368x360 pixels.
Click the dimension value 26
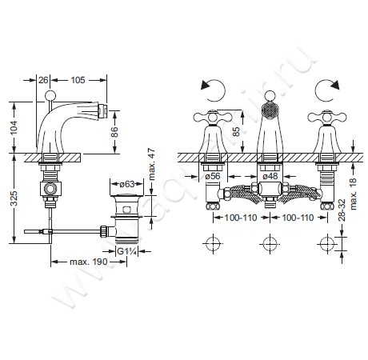[x=43, y=80]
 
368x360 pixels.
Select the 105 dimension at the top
[x=78, y=80]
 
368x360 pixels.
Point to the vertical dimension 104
[x=14, y=127]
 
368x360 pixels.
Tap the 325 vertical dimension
[x=14, y=198]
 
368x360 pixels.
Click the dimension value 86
[x=114, y=132]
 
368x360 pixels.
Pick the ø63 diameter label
[x=127, y=184]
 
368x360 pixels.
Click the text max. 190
[x=89, y=262]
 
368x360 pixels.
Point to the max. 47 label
[x=151, y=165]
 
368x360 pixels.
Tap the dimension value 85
[x=236, y=131]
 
